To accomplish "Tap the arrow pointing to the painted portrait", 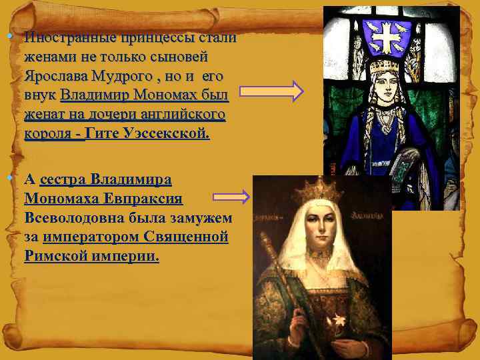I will click(231, 197).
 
